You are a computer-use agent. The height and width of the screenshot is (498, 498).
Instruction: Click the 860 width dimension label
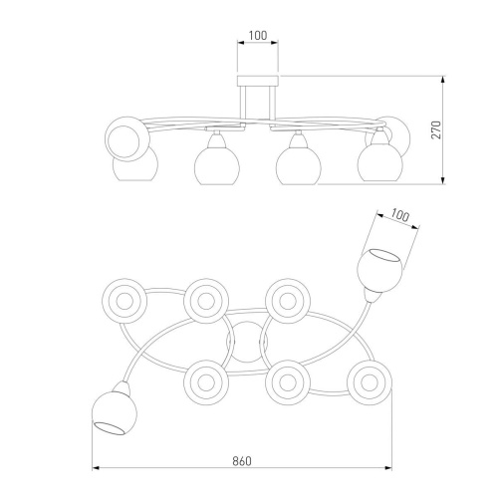pos(242,461)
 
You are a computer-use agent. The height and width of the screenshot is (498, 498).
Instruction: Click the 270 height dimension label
pos(437,130)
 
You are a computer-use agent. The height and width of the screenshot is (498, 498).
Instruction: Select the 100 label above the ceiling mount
pos(258,36)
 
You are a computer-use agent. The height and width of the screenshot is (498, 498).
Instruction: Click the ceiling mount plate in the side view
pos(258,81)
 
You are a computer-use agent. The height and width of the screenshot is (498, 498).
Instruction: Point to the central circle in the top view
pos(246,342)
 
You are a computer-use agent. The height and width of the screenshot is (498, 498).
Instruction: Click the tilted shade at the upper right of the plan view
pos(379,271)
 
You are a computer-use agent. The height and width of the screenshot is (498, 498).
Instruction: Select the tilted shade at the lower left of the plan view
pos(115,413)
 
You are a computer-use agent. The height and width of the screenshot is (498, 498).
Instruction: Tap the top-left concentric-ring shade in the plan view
pos(124,301)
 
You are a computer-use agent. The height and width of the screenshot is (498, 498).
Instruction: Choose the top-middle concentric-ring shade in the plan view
pos(206,301)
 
